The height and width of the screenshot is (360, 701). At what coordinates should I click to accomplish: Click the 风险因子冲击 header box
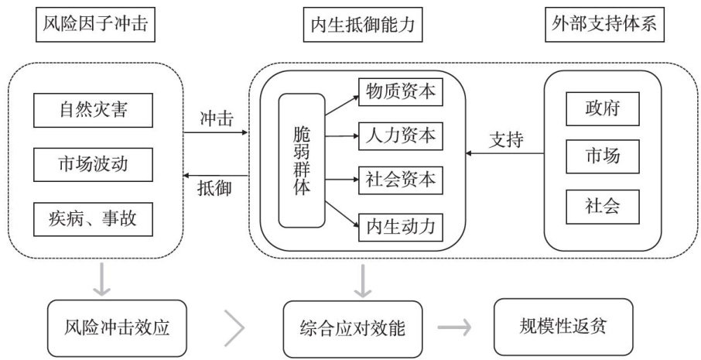[92, 25]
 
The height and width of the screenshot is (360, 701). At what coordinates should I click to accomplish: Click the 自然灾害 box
[92, 111]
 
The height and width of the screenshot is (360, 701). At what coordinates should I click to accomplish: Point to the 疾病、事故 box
[92, 218]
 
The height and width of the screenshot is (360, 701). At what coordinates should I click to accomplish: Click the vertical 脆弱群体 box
[302, 160]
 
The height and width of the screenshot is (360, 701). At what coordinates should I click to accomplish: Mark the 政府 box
[603, 108]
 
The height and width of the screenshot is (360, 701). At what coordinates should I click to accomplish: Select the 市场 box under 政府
[603, 158]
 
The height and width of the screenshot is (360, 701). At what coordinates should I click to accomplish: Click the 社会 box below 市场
[603, 206]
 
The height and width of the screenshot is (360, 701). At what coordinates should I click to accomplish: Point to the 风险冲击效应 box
[117, 326]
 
